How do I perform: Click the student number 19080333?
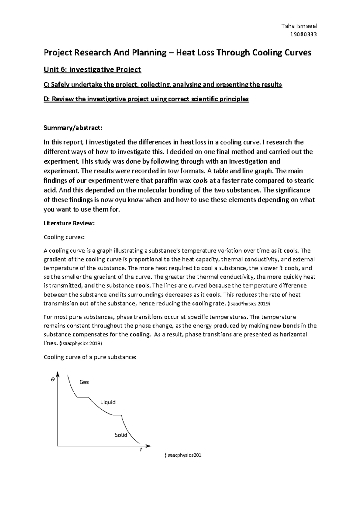coord(303,34)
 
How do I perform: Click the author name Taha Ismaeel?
coord(299,26)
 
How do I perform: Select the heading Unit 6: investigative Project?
coord(92,69)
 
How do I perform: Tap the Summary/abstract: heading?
coord(73,128)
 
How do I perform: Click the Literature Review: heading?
coord(69,223)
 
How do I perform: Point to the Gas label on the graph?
coord(84,382)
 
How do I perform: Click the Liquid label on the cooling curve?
coord(108,402)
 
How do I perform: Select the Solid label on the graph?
coord(121,435)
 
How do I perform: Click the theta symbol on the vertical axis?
coord(53,379)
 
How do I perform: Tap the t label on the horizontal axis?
coord(140,450)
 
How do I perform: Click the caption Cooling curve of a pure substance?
coord(90,357)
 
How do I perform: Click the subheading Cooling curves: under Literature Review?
coord(64,237)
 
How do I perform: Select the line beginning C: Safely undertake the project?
coord(163,84)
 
